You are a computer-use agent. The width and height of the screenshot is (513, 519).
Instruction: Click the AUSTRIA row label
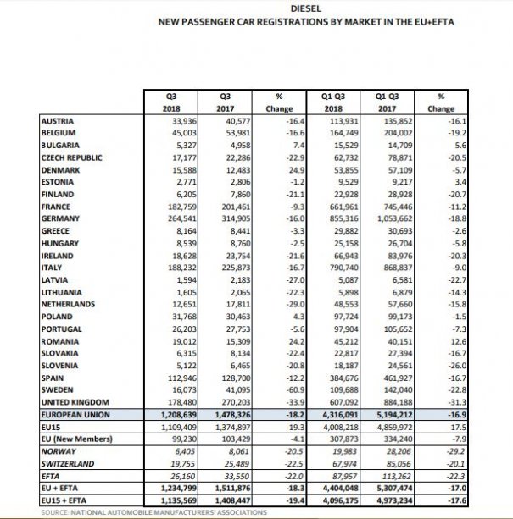tap(58, 121)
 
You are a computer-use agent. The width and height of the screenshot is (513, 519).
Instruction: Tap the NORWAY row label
tap(59, 452)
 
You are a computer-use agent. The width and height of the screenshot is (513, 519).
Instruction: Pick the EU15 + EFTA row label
tap(65, 500)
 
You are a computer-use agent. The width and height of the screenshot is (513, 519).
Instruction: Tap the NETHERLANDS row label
tap(69, 303)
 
